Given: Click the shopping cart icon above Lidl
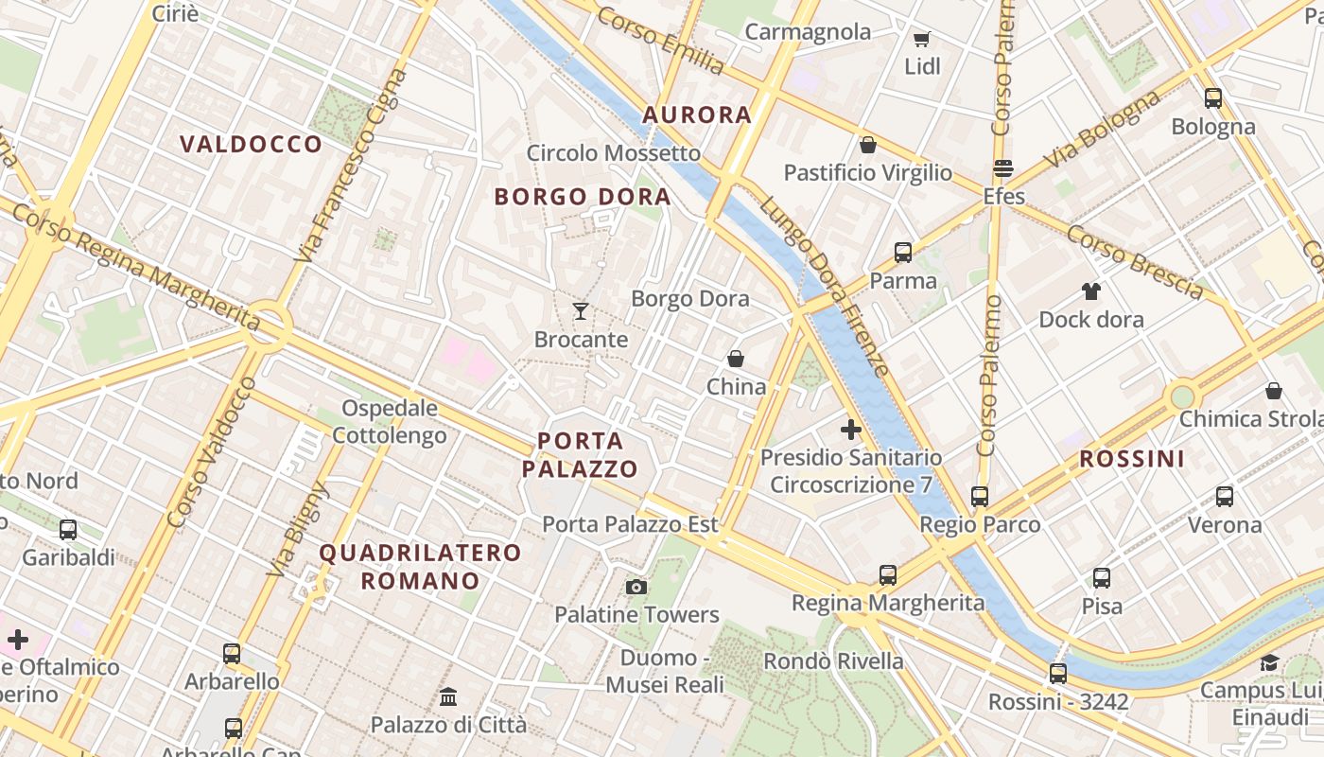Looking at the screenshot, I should [x=921, y=39].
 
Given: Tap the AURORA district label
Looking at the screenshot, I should [x=697, y=115].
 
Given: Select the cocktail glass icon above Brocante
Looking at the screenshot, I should [x=581, y=311].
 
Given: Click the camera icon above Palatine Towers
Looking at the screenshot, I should [x=636, y=587].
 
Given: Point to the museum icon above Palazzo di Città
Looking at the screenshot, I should [x=448, y=697].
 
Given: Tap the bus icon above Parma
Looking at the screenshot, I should [x=903, y=253].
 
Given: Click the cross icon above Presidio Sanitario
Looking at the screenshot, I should [x=851, y=430].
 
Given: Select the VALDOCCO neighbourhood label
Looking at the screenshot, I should [x=252, y=145].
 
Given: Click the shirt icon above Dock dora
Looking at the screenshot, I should [x=1091, y=291].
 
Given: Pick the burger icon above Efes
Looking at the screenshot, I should [x=1003, y=169].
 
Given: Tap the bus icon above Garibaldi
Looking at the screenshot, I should [x=68, y=530].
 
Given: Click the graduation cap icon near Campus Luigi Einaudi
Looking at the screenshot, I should [x=1269, y=662].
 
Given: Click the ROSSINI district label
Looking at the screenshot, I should [x=1132, y=460].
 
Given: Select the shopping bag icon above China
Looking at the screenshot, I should [x=736, y=359].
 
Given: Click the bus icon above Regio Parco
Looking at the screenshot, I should [x=980, y=496].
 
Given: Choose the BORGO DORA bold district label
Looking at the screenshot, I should [x=583, y=198].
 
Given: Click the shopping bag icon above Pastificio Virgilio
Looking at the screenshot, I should [x=867, y=145].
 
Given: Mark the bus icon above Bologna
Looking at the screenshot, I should [x=1213, y=98].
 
